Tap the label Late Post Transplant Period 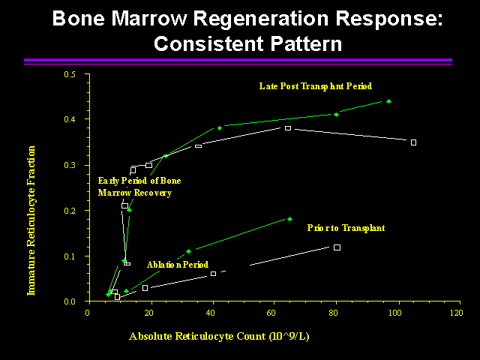coord(316,86)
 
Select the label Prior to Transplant coord(346,227)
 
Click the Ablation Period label coord(178,265)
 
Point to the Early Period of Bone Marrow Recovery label coord(139,187)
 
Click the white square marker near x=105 coord(413,142)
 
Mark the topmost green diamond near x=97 coord(388,100)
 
